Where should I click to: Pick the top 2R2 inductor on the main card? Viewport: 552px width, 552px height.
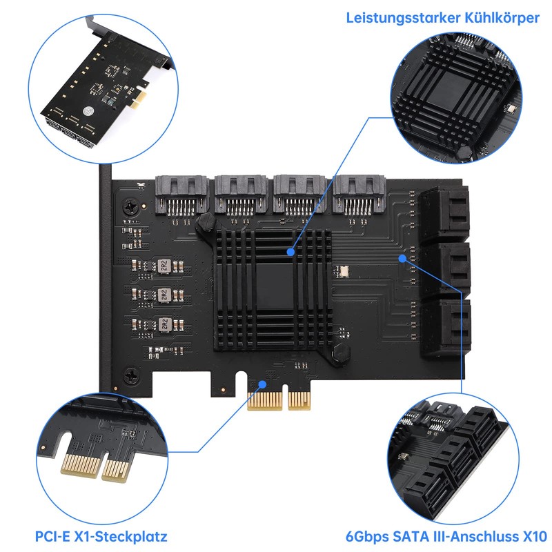165,266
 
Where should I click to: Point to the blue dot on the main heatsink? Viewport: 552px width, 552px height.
292,253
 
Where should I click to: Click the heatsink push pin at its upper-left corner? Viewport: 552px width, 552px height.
205,224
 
